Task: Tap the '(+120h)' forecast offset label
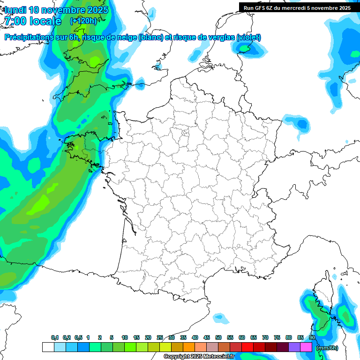(83, 21)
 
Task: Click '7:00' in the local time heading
(15, 21)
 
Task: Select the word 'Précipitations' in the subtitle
(29, 37)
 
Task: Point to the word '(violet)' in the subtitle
(248, 37)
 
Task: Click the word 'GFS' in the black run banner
(262, 7)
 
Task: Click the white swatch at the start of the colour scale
(48, 347)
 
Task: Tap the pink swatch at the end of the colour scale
(306, 347)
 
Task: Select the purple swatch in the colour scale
(294, 347)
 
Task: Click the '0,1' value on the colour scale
(55, 338)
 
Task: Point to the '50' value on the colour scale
(218, 338)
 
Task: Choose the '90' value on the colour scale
(312, 338)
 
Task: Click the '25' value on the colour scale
(160, 338)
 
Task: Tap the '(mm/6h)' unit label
(327, 348)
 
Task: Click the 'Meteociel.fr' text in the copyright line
(219, 357)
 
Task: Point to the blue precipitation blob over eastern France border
(302, 124)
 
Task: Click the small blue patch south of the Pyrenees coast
(218, 318)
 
